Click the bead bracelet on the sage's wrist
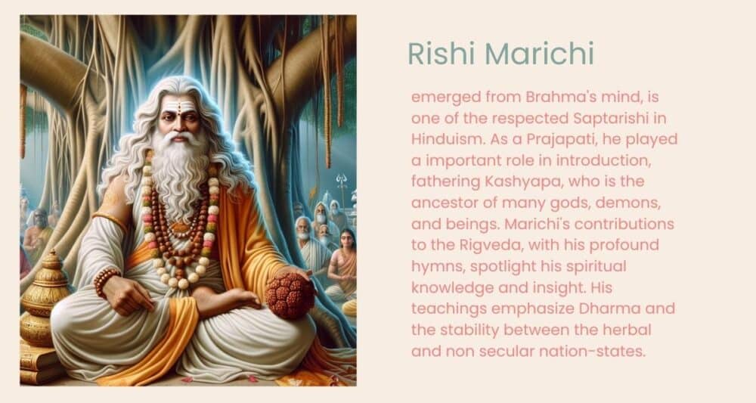pyautogui.click(x=106, y=280)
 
